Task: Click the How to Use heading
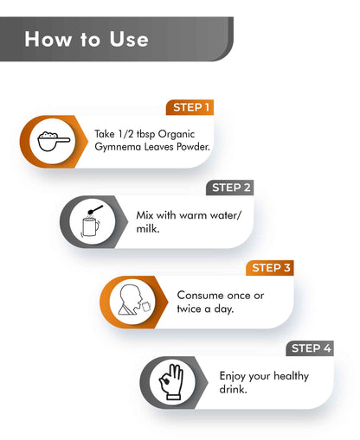click(87, 39)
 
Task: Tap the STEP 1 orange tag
click(190, 107)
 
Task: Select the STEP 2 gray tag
click(230, 188)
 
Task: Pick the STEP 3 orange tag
click(270, 268)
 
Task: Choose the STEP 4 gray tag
click(310, 348)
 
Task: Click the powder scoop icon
click(54, 141)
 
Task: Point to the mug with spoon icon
click(92, 221)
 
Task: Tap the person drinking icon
click(134, 300)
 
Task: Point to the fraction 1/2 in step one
click(125, 134)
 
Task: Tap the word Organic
click(177, 135)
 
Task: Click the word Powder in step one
click(193, 147)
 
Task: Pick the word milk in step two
click(147, 228)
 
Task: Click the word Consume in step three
click(200, 296)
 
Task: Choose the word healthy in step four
click(291, 376)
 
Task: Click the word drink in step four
click(233, 389)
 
